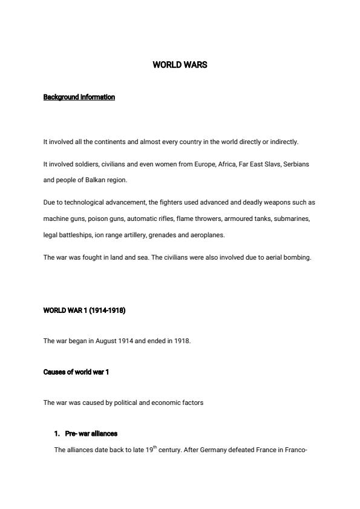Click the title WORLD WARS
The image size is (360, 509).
coord(180,65)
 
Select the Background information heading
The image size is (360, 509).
coord(79,97)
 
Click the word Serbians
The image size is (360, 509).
coord(296,165)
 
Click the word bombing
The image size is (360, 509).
coord(299,257)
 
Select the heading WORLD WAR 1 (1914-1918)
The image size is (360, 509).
coord(84,310)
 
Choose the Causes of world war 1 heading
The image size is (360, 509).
coord(76,372)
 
